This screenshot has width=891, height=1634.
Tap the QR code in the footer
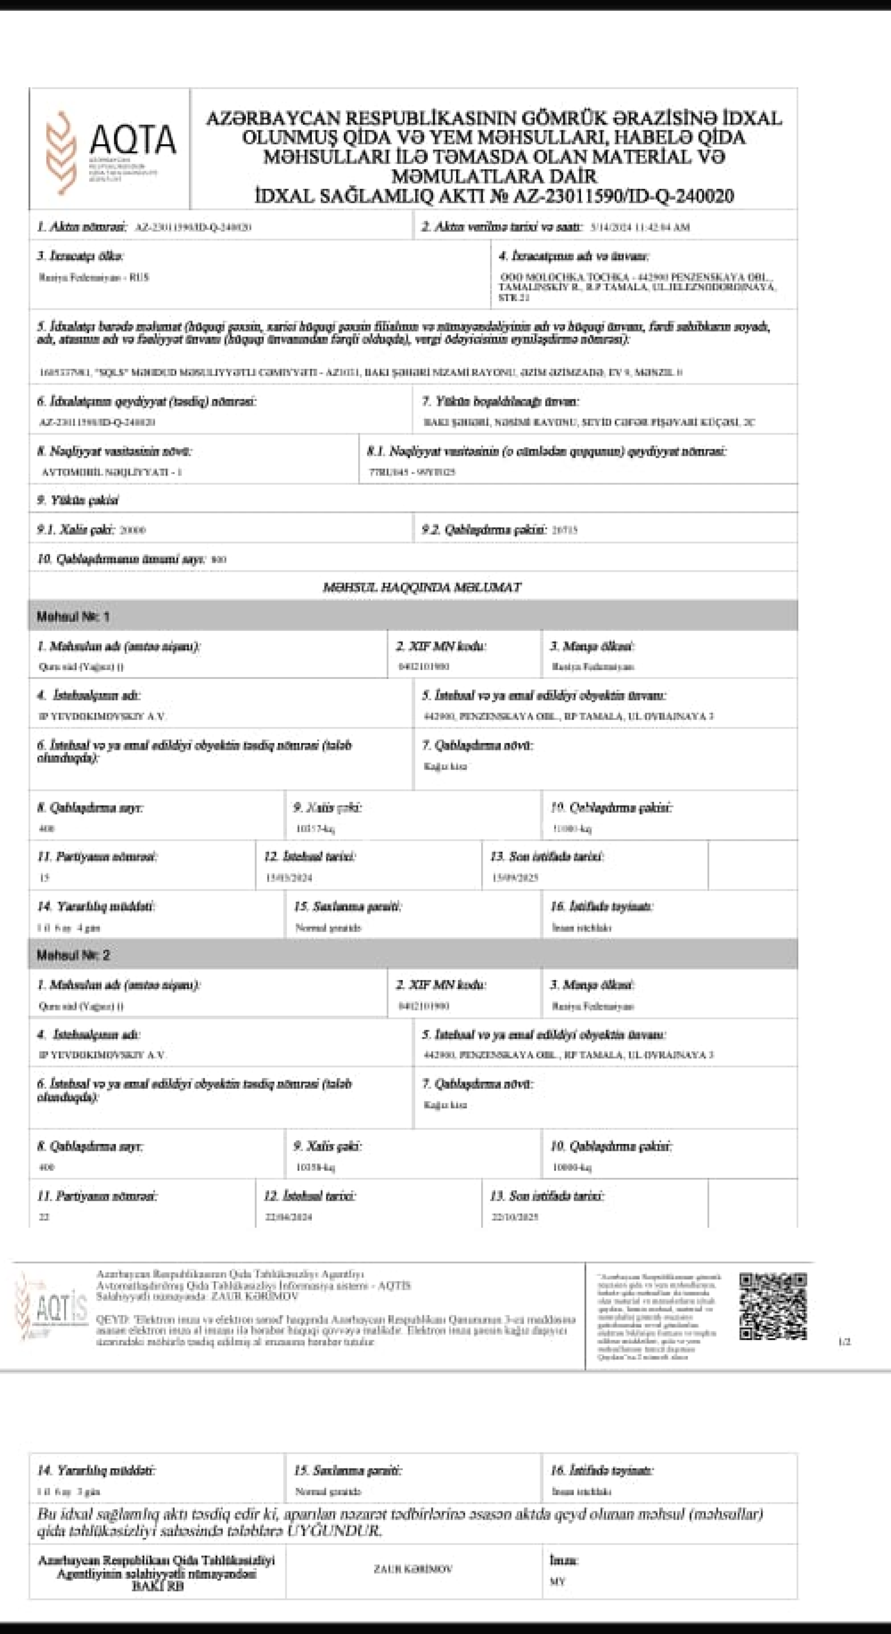pos(773,1306)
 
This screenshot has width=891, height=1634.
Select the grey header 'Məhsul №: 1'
pos(73,617)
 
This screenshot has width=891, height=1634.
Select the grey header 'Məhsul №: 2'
pos(73,955)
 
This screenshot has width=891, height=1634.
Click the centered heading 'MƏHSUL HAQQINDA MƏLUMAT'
pos(422,588)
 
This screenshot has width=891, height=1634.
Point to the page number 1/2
pos(844,1342)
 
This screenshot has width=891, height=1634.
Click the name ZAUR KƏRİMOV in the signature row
pos(413,1569)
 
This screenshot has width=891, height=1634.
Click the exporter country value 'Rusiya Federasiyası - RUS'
pos(94,277)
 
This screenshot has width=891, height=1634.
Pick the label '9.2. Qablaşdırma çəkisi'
pos(484,529)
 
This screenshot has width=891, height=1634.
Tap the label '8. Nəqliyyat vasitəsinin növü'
pos(114,452)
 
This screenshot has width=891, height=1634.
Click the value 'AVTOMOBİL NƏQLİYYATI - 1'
pos(112,472)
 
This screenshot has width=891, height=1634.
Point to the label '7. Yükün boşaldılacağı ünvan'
pos(501,401)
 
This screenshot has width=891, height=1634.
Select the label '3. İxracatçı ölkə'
pos(80,256)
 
